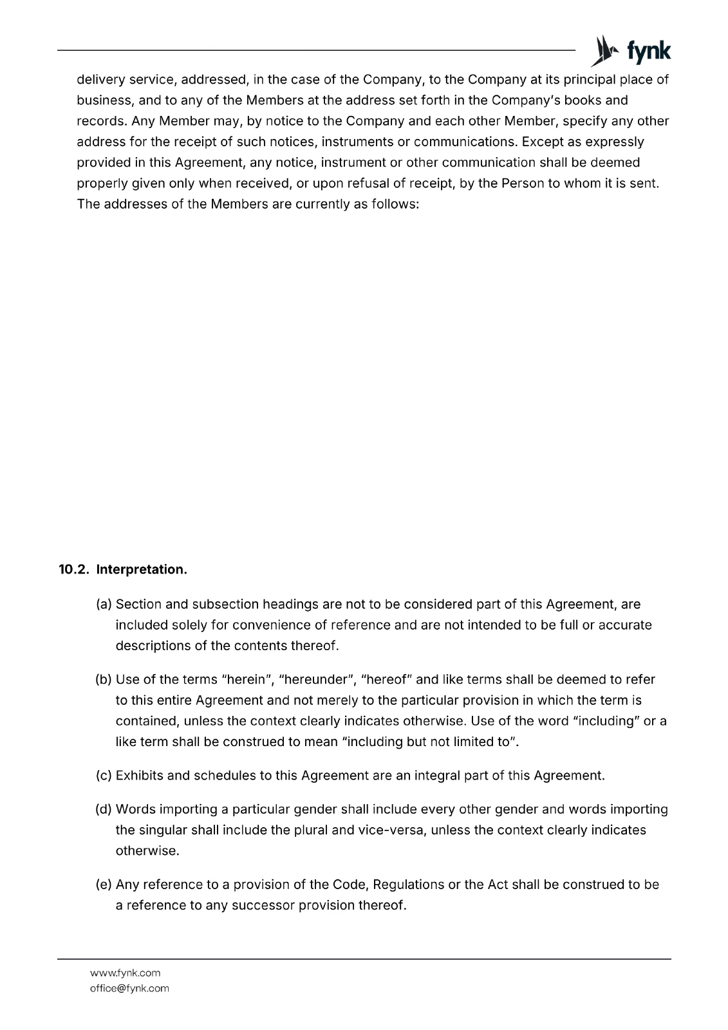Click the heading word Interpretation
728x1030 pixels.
point(142,570)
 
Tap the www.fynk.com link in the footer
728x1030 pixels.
point(125,973)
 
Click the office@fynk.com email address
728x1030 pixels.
point(129,988)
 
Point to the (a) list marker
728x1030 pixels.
point(104,604)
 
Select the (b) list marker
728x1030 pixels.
point(104,679)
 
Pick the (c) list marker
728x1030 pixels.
point(104,776)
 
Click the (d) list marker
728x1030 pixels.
point(104,809)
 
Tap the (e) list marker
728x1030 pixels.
point(104,885)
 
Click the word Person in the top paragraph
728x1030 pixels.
point(522,183)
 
